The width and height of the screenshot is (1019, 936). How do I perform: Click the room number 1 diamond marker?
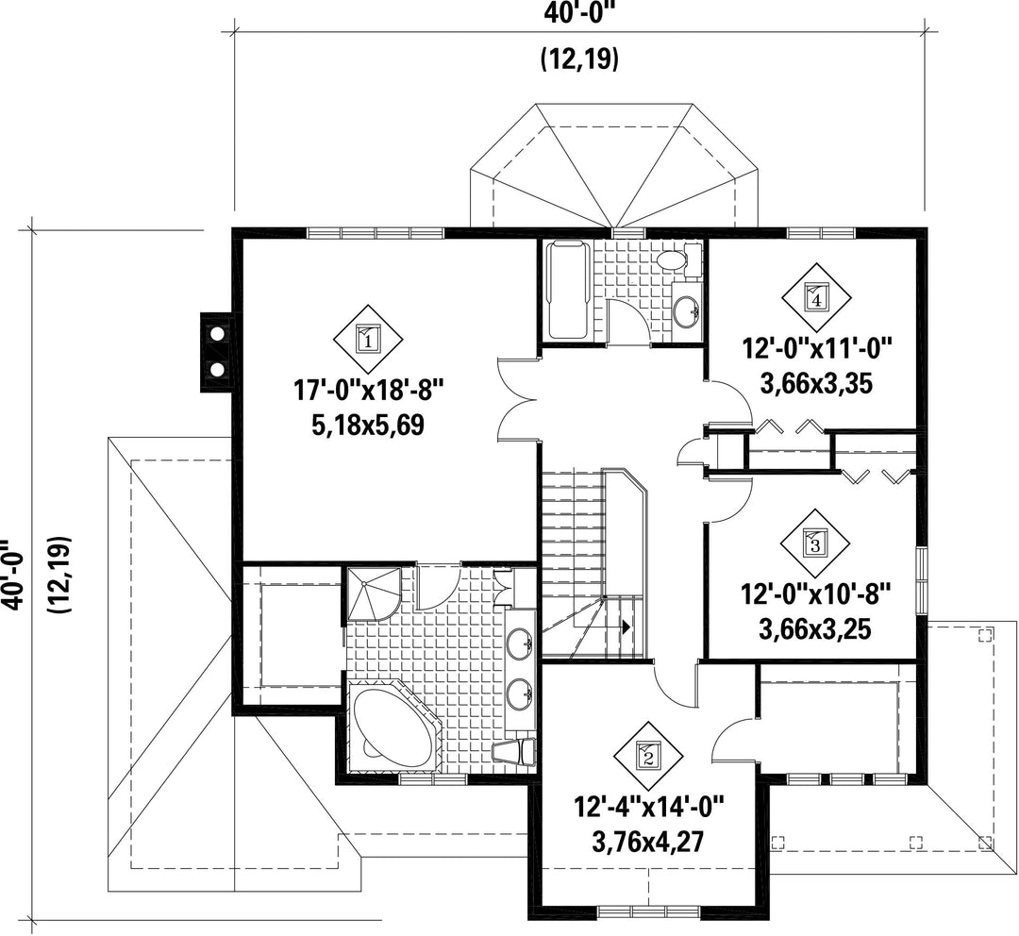[x=368, y=339]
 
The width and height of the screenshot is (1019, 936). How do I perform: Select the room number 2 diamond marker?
[x=648, y=756]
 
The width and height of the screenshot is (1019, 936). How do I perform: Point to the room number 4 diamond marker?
[x=815, y=298]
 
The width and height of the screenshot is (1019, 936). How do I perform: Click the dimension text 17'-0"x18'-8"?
[x=369, y=391]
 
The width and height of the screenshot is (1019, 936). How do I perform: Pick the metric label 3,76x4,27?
[x=648, y=843]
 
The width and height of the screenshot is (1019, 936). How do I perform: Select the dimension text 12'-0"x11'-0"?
[x=815, y=348]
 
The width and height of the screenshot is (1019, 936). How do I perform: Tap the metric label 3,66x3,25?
[x=815, y=629]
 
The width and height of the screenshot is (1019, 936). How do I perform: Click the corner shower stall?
[x=373, y=593]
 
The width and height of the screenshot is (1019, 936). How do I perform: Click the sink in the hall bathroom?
[x=686, y=311]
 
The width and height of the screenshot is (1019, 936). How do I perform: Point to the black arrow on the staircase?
[x=626, y=627]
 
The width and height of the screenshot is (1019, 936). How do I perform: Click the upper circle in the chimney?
[x=218, y=333]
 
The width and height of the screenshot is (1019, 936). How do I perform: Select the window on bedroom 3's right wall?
[x=921, y=579]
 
